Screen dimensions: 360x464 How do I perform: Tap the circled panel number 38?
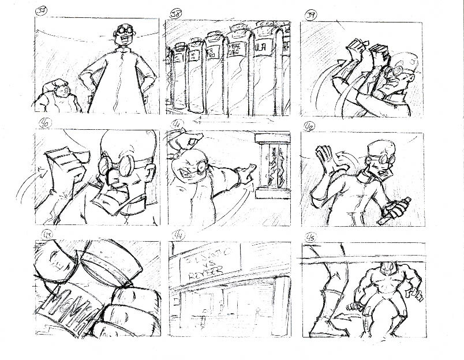click(x=175, y=13)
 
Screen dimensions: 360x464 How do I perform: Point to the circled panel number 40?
click(x=43, y=122)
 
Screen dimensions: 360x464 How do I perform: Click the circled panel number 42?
click(x=310, y=123)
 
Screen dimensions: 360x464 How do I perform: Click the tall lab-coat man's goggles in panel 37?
click(x=125, y=29)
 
